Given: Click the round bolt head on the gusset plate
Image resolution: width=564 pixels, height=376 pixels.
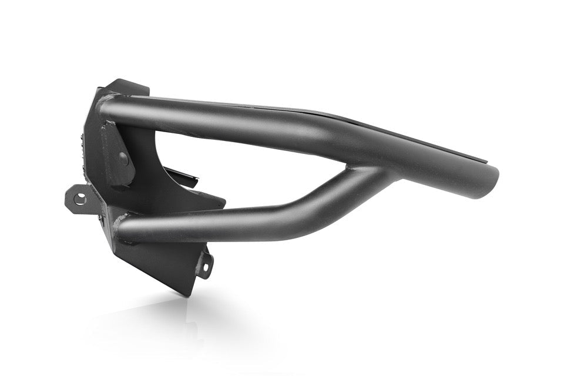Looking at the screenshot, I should pos(123,157).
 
